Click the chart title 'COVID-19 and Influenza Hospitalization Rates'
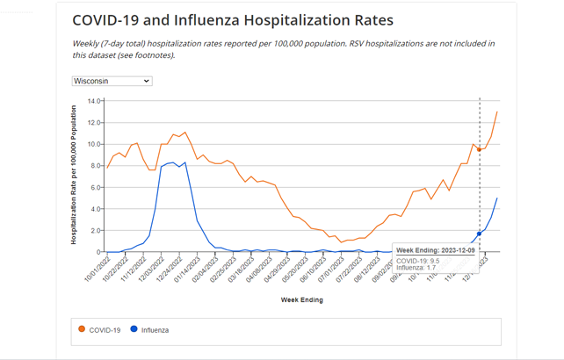click(232, 20)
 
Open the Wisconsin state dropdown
click(112, 81)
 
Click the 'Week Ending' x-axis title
click(301, 299)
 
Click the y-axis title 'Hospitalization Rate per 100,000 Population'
click(75, 176)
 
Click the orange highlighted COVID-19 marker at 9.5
click(479, 149)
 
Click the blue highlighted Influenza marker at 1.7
click(479, 234)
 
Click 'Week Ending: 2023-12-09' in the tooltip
click(434, 251)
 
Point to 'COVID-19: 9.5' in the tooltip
click(418, 261)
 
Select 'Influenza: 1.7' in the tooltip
click(416, 268)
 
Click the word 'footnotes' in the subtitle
click(155, 54)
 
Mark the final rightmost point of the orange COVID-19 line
click(497, 112)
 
